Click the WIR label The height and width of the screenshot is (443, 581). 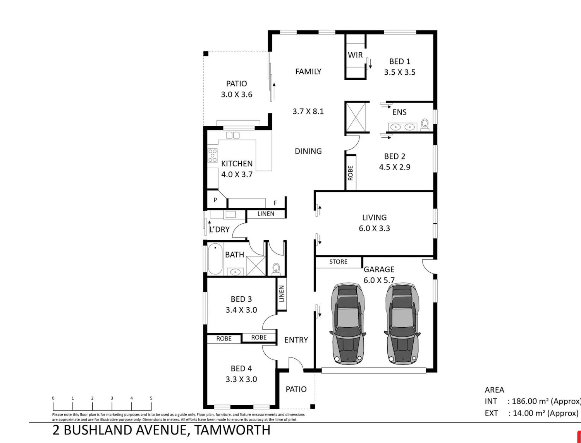coord(355,55)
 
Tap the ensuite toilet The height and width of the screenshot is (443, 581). coord(425,125)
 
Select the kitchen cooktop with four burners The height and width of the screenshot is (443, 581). coord(212,156)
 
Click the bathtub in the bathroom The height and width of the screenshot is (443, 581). coord(215,259)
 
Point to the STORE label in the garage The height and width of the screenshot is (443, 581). coord(338,262)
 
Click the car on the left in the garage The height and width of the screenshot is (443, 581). coord(347,324)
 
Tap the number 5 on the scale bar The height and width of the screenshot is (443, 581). coord(151,398)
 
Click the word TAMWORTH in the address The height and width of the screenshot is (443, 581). coord(232,430)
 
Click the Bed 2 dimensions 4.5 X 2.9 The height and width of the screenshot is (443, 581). coord(395,167)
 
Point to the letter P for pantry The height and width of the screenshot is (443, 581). coord(215,200)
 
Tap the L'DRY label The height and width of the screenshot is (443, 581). coord(220,229)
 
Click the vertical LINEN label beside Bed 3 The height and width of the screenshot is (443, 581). coord(281,294)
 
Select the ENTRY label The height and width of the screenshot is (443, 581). coord(296,340)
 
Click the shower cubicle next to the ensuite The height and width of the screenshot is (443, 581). coord(356,117)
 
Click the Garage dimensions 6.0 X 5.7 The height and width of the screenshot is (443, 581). coord(379,280)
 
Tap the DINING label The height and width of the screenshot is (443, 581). coord(308,151)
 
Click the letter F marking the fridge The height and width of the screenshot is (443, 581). coord(275,203)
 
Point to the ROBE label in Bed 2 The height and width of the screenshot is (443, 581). coord(351,173)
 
